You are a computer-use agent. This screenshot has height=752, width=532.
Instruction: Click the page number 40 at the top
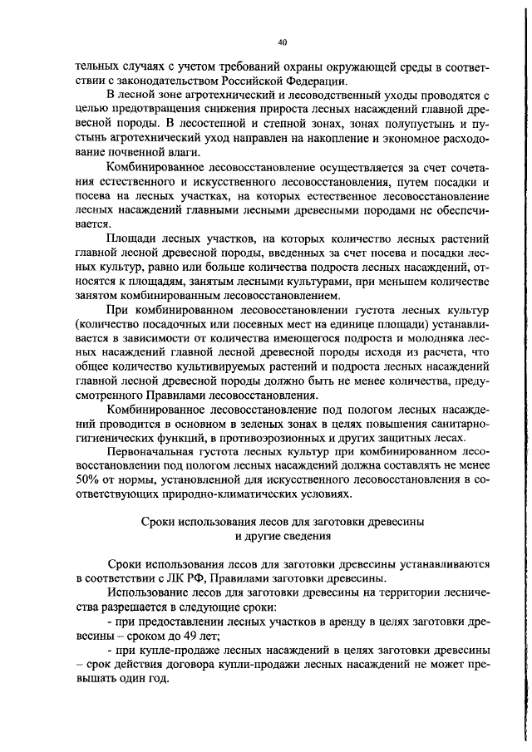[282, 39]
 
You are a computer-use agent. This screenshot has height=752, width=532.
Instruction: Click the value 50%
[89, 480]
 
